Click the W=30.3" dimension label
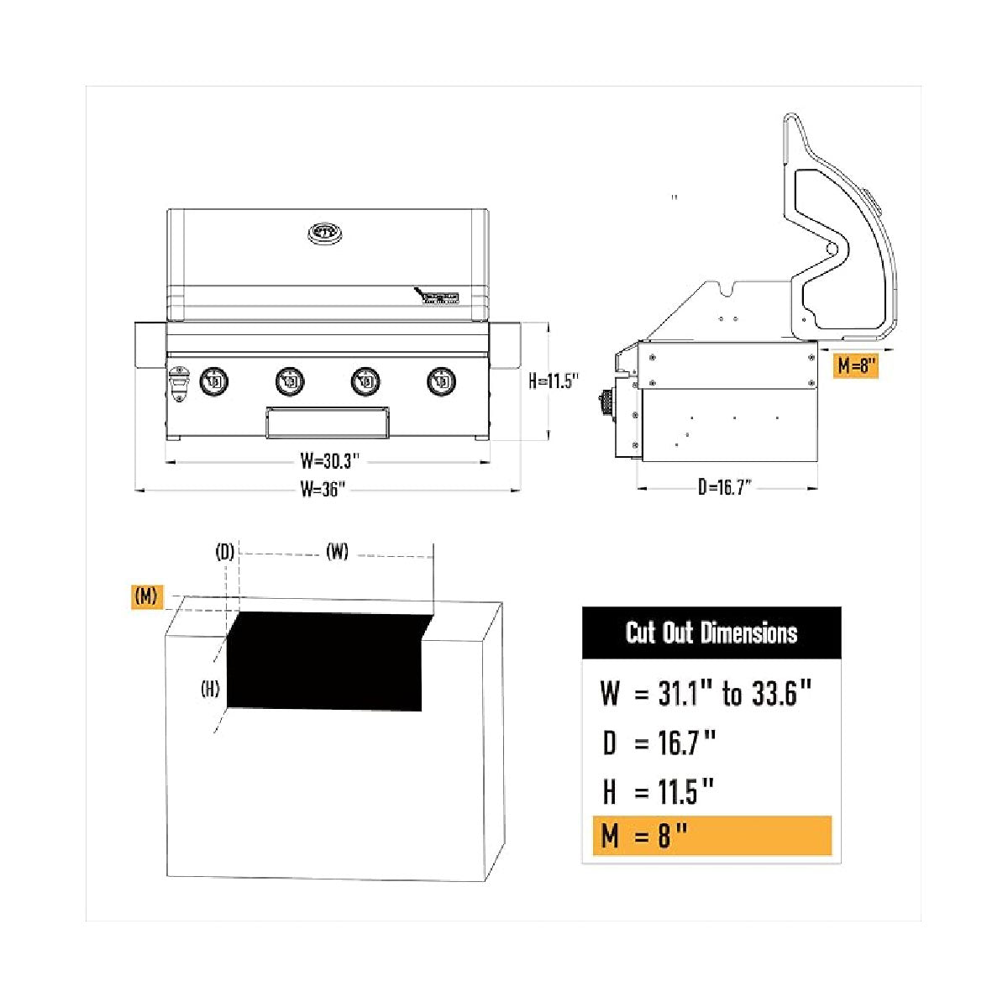[x=329, y=460]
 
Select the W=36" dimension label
[x=323, y=489]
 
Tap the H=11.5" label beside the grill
[x=554, y=381]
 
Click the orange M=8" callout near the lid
[x=856, y=366]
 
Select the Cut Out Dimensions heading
[x=711, y=633]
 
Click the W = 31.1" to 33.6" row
[x=706, y=694]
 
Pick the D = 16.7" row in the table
[x=659, y=743]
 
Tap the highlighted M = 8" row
[x=711, y=836]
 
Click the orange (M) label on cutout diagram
[x=146, y=596]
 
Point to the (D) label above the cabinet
[x=224, y=552]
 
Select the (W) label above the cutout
[x=337, y=552]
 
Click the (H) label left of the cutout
[x=210, y=690]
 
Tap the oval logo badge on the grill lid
[x=325, y=231]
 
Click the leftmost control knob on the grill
[x=214, y=381]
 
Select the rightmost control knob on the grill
[x=441, y=381]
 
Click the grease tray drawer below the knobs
[x=328, y=423]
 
